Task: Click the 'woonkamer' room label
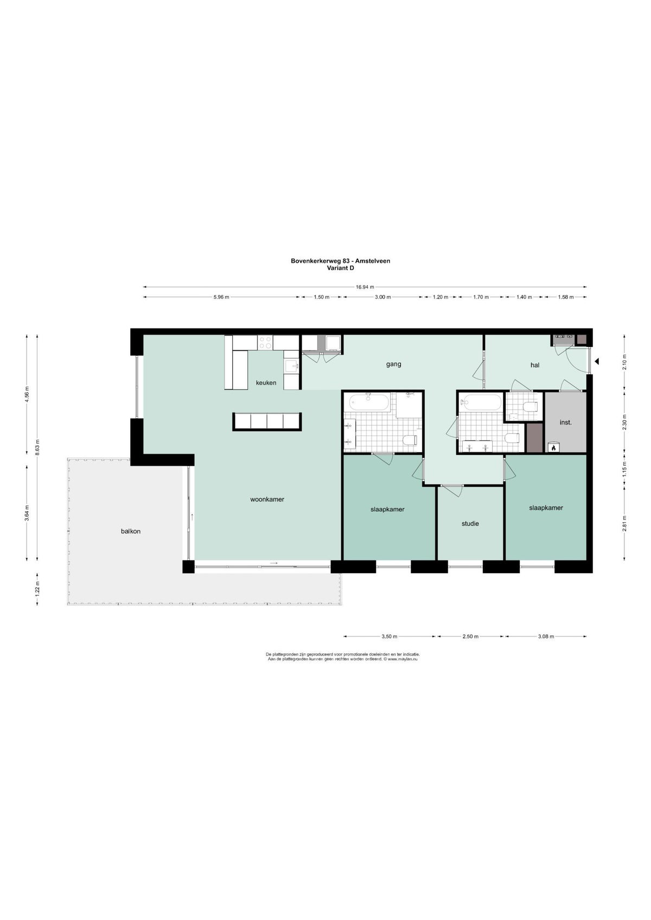point(267,499)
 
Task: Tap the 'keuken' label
point(266,383)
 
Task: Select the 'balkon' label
point(131,531)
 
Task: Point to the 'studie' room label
point(470,524)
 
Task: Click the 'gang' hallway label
point(393,364)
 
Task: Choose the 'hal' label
point(535,365)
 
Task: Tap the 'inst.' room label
point(565,422)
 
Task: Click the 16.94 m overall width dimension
point(365,287)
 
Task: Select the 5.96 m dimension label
point(221,297)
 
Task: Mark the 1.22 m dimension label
point(37,589)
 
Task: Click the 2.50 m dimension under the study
point(470,636)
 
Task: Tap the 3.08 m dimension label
point(546,636)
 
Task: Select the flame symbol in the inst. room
point(553,447)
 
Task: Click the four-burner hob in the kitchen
point(265,343)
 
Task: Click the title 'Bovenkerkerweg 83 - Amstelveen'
point(340,260)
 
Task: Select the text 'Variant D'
point(340,268)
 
